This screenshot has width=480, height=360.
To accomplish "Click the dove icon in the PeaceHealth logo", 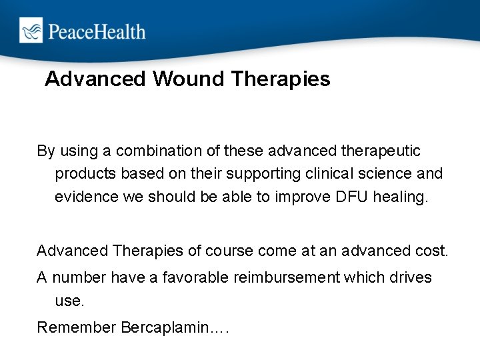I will click(x=30, y=31).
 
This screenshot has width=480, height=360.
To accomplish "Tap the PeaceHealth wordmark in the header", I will click(x=95, y=31).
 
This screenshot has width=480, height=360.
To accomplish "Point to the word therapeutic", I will click(x=379, y=151).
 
